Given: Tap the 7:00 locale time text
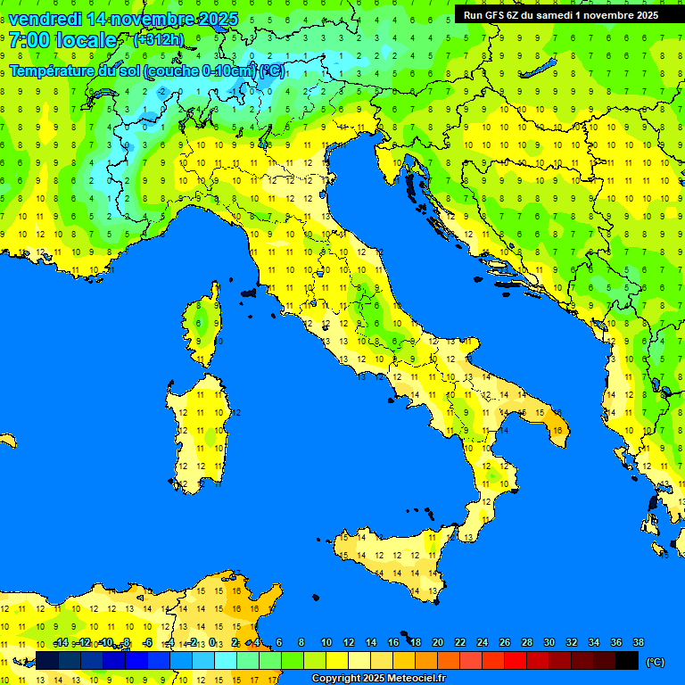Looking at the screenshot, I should [x=62, y=40].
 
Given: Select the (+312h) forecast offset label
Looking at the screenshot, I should [x=158, y=40].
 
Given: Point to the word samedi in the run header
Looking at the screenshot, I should [x=552, y=15].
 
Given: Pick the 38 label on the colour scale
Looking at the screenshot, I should [x=638, y=643].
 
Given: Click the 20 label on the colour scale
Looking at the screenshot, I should [x=438, y=643].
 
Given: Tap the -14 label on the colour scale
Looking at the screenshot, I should [x=62, y=643].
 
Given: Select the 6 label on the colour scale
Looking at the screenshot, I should [x=279, y=643].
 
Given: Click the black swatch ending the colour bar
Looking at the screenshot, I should [x=627, y=661].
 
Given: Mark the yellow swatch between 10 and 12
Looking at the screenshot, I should [x=337, y=661].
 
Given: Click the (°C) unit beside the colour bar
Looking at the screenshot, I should [x=655, y=662].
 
